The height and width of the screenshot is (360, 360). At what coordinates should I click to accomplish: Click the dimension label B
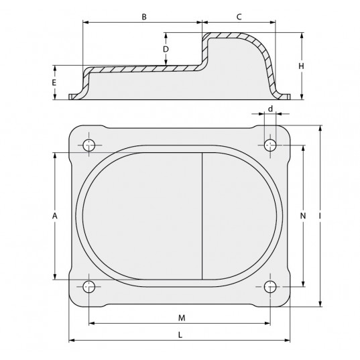pos(144,17)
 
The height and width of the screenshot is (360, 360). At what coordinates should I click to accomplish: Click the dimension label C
pos(239,17)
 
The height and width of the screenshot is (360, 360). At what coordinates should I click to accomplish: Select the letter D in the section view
pos(166,49)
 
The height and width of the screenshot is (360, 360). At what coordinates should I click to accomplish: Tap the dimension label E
pos(54,82)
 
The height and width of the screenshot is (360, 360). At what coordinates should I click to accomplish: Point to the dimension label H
pos(301,66)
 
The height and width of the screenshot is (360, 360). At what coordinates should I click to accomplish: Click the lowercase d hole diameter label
pos(271,109)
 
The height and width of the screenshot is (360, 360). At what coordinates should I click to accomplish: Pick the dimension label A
pos(55,216)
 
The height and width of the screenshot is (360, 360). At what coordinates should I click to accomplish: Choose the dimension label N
pos(303,216)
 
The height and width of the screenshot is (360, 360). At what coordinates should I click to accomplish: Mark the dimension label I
pos(320,216)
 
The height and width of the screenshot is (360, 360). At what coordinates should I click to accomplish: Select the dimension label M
pos(182,318)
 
